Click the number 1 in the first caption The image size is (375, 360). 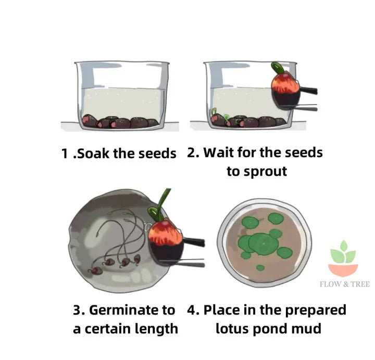(65, 153)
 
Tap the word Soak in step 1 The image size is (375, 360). (94, 153)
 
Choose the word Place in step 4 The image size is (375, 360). (222, 310)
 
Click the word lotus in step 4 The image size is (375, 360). (233, 329)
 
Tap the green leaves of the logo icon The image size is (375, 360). (343, 253)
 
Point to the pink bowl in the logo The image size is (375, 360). (343, 268)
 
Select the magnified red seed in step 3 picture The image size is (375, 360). (166, 238)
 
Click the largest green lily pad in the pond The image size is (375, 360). (264, 242)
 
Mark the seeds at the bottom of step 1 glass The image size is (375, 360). (120, 122)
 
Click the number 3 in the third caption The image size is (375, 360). (78, 311)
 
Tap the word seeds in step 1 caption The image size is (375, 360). (157, 153)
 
